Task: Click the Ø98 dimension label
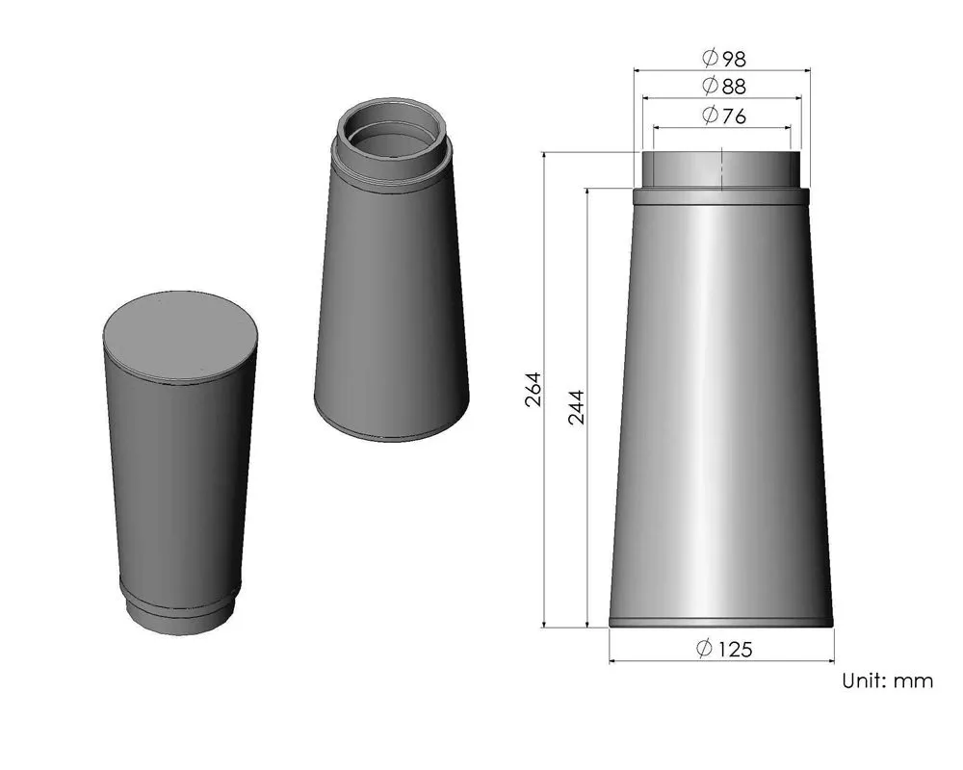tap(723, 58)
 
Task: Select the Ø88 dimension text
tap(723, 87)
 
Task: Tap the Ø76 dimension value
tap(723, 116)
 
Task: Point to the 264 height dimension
tap(534, 389)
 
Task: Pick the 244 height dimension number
tap(577, 407)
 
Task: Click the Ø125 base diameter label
tap(723, 650)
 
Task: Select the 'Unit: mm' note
tap(887, 681)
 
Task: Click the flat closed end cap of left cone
tap(181, 335)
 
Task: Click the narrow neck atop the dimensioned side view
tap(721, 169)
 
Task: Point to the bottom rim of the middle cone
tap(393, 433)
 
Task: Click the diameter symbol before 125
tap(704, 650)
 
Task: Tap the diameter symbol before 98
tap(710, 58)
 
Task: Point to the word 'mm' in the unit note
tap(914, 681)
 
